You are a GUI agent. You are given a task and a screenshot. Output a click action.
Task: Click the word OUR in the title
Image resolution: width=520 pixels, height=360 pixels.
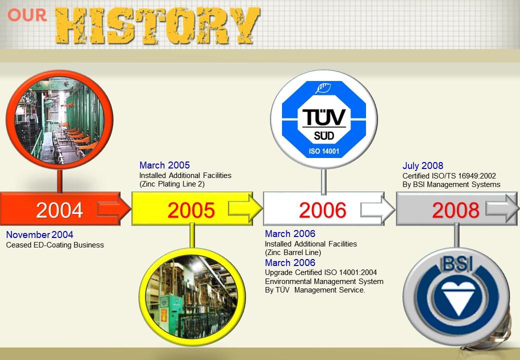click(x=27, y=15)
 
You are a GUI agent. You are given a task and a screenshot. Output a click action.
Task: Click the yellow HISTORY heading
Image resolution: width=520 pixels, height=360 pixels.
click(x=157, y=25)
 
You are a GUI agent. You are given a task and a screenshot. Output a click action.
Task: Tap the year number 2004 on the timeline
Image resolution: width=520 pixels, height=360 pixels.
click(x=59, y=210)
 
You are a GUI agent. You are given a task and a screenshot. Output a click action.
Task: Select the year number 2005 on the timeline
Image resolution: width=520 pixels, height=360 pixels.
click(x=191, y=210)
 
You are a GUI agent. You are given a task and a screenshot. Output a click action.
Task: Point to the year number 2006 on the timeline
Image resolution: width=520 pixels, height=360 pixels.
click(x=322, y=210)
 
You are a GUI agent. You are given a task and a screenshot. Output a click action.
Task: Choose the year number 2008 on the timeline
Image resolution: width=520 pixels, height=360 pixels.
click(x=455, y=210)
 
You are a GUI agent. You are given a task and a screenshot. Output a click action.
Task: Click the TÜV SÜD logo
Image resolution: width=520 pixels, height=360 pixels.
click(x=324, y=119)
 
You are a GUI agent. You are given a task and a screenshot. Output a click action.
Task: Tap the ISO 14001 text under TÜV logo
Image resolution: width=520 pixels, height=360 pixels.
click(x=324, y=151)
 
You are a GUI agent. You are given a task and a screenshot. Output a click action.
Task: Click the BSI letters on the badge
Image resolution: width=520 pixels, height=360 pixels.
click(x=457, y=264)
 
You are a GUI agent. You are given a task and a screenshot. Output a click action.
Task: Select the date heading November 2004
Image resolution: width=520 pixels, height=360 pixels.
click(x=39, y=234)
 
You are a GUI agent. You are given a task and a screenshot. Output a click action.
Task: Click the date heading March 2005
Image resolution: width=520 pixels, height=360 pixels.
click(x=164, y=165)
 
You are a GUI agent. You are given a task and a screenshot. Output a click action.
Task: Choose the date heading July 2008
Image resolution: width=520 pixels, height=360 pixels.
click(x=423, y=165)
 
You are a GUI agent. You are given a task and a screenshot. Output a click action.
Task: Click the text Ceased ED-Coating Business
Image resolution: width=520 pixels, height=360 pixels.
click(x=55, y=245)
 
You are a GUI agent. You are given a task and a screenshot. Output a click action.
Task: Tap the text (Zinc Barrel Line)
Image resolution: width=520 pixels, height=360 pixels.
click(x=293, y=252)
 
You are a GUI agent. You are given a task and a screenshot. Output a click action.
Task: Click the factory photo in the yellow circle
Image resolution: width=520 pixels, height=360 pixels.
click(x=192, y=296)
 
